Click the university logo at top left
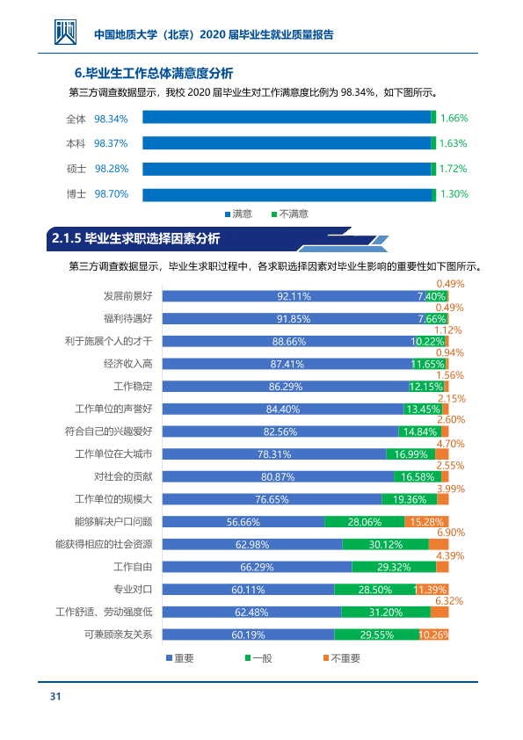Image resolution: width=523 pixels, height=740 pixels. tap(65, 33)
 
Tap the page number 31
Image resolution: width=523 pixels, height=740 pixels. tap(55, 697)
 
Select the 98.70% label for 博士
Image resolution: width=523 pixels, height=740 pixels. tap(112, 194)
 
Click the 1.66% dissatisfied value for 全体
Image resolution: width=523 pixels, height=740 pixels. tap(454, 118)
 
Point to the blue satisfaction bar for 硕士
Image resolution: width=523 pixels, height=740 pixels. tap(287, 169)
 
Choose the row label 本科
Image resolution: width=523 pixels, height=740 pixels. tap(76, 143)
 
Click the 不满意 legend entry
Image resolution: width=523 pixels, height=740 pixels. tap(290, 214)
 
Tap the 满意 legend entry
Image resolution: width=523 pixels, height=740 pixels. tap(238, 214)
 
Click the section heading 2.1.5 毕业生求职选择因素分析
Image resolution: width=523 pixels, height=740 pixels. tap(136, 238)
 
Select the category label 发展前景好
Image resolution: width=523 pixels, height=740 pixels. tap(128, 296)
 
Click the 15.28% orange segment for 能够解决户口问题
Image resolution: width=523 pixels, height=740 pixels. tap(426, 521)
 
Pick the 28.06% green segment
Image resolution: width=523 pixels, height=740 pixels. tap(365, 521)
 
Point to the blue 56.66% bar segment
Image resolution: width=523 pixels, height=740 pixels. tap(243, 521)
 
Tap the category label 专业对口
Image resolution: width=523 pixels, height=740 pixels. tap(133, 590)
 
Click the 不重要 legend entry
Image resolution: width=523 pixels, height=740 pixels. tap(342, 658)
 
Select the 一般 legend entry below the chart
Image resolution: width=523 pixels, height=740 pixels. tap(258, 658)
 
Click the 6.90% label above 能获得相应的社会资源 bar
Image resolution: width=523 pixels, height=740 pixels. tap(451, 533)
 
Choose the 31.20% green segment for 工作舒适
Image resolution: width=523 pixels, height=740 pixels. tap(386, 612)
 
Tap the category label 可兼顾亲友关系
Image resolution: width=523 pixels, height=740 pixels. tap(119, 635)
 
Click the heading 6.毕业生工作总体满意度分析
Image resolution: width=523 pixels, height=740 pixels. tap(154, 73)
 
